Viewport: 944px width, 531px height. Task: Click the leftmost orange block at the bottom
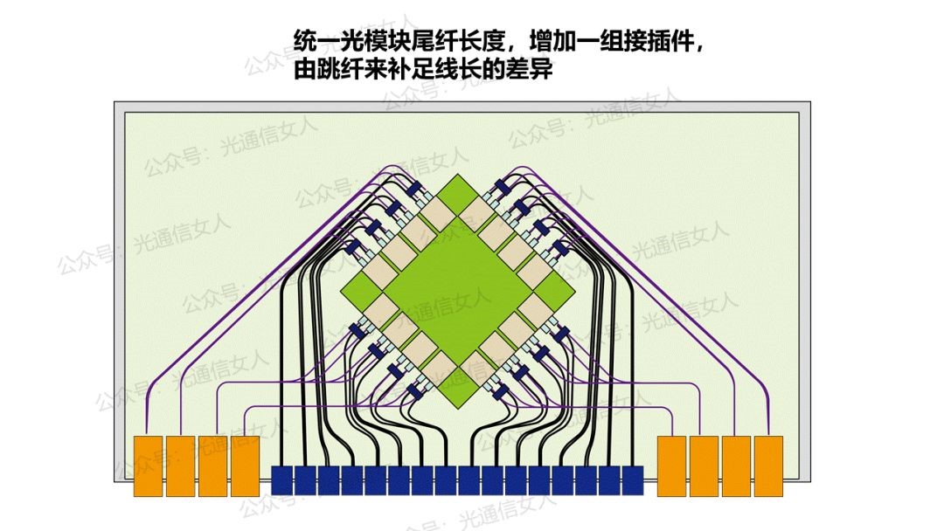click(148, 465)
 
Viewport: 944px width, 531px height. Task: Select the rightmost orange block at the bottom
click(768, 465)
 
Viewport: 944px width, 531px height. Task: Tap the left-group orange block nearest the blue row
click(246, 465)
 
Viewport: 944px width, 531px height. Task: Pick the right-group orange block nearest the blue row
click(671, 465)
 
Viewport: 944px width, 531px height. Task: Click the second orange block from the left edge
click(180, 465)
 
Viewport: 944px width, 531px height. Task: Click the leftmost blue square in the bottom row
click(282, 479)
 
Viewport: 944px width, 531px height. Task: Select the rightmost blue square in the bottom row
click(632, 479)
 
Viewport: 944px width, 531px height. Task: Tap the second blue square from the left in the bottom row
click(305, 479)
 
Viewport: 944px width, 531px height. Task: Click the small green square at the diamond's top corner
click(457, 193)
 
